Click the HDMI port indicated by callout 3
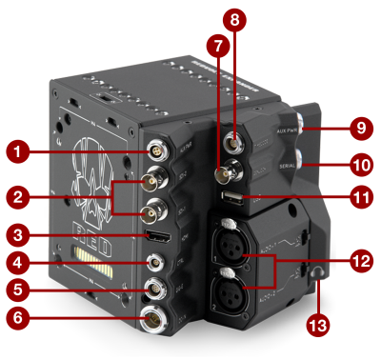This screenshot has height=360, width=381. pyautogui.click(x=153, y=234)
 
